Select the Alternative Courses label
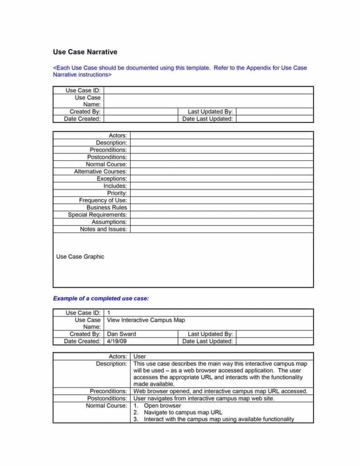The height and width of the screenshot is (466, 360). pyautogui.click(x=100, y=172)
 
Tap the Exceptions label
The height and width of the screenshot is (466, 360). pyautogui.click(x=112, y=179)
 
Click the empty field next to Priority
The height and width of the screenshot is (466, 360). pyautogui.click(x=221, y=193)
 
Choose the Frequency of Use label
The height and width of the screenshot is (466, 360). pyautogui.click(x=103, y=200)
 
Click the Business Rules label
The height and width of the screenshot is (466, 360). pyautogui.click(x=106, y=207)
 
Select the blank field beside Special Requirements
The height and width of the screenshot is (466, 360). pyautogui.click(x=221, y=214)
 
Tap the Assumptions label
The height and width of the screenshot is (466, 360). pyautogui.click(x=109, y=222)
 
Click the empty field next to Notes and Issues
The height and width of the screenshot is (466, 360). pyautogui.click(x=221, y=229)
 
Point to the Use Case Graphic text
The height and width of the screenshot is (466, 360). pyautogui.click(x=80, y=256)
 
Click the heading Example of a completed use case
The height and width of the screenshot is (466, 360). pyautogui.click(x=101, y=298)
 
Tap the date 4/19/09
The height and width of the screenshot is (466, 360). pyautogui.click(x=117, y=341)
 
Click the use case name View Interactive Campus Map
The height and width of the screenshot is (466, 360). pyautogui.click(x=146, y=320)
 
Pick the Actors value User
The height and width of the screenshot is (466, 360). pyautogui.click(x=140, y=357)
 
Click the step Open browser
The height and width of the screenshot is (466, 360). pyautogui.click(x=162, y=406)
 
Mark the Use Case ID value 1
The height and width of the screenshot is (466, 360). pyautogui.click(x=109, y=313)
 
